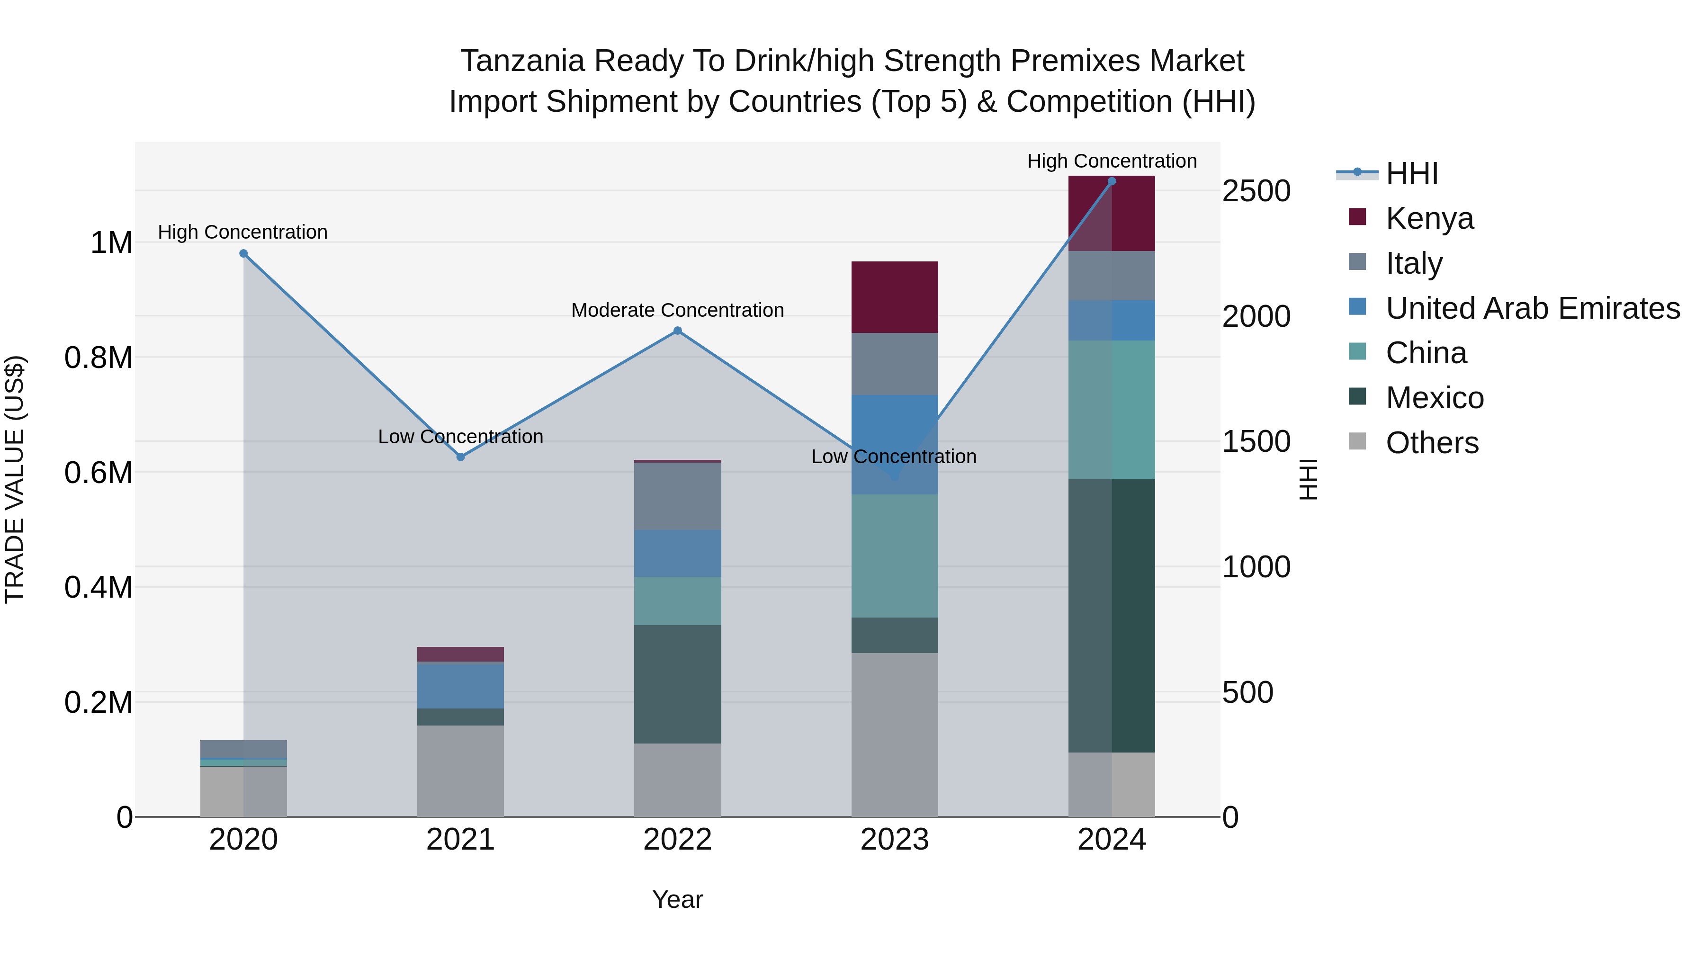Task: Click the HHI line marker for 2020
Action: (x=243, y=253)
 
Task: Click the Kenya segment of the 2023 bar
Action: (x=894, y=297)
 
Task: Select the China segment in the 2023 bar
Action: (x=894, y=556)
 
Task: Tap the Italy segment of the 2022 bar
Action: (x=677, y=496)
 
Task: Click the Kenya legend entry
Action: (x=1430, y=218)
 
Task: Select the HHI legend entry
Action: (x=1411, y=173)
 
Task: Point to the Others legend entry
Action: (x=1432, y=443)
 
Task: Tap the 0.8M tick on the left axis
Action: (x=98, y=358)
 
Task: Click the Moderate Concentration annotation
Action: (x=677, y=310)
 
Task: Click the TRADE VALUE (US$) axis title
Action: (x=15, y=479)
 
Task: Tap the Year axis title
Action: (x=677, y=899)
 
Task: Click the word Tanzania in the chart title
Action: (x=522, y=61)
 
